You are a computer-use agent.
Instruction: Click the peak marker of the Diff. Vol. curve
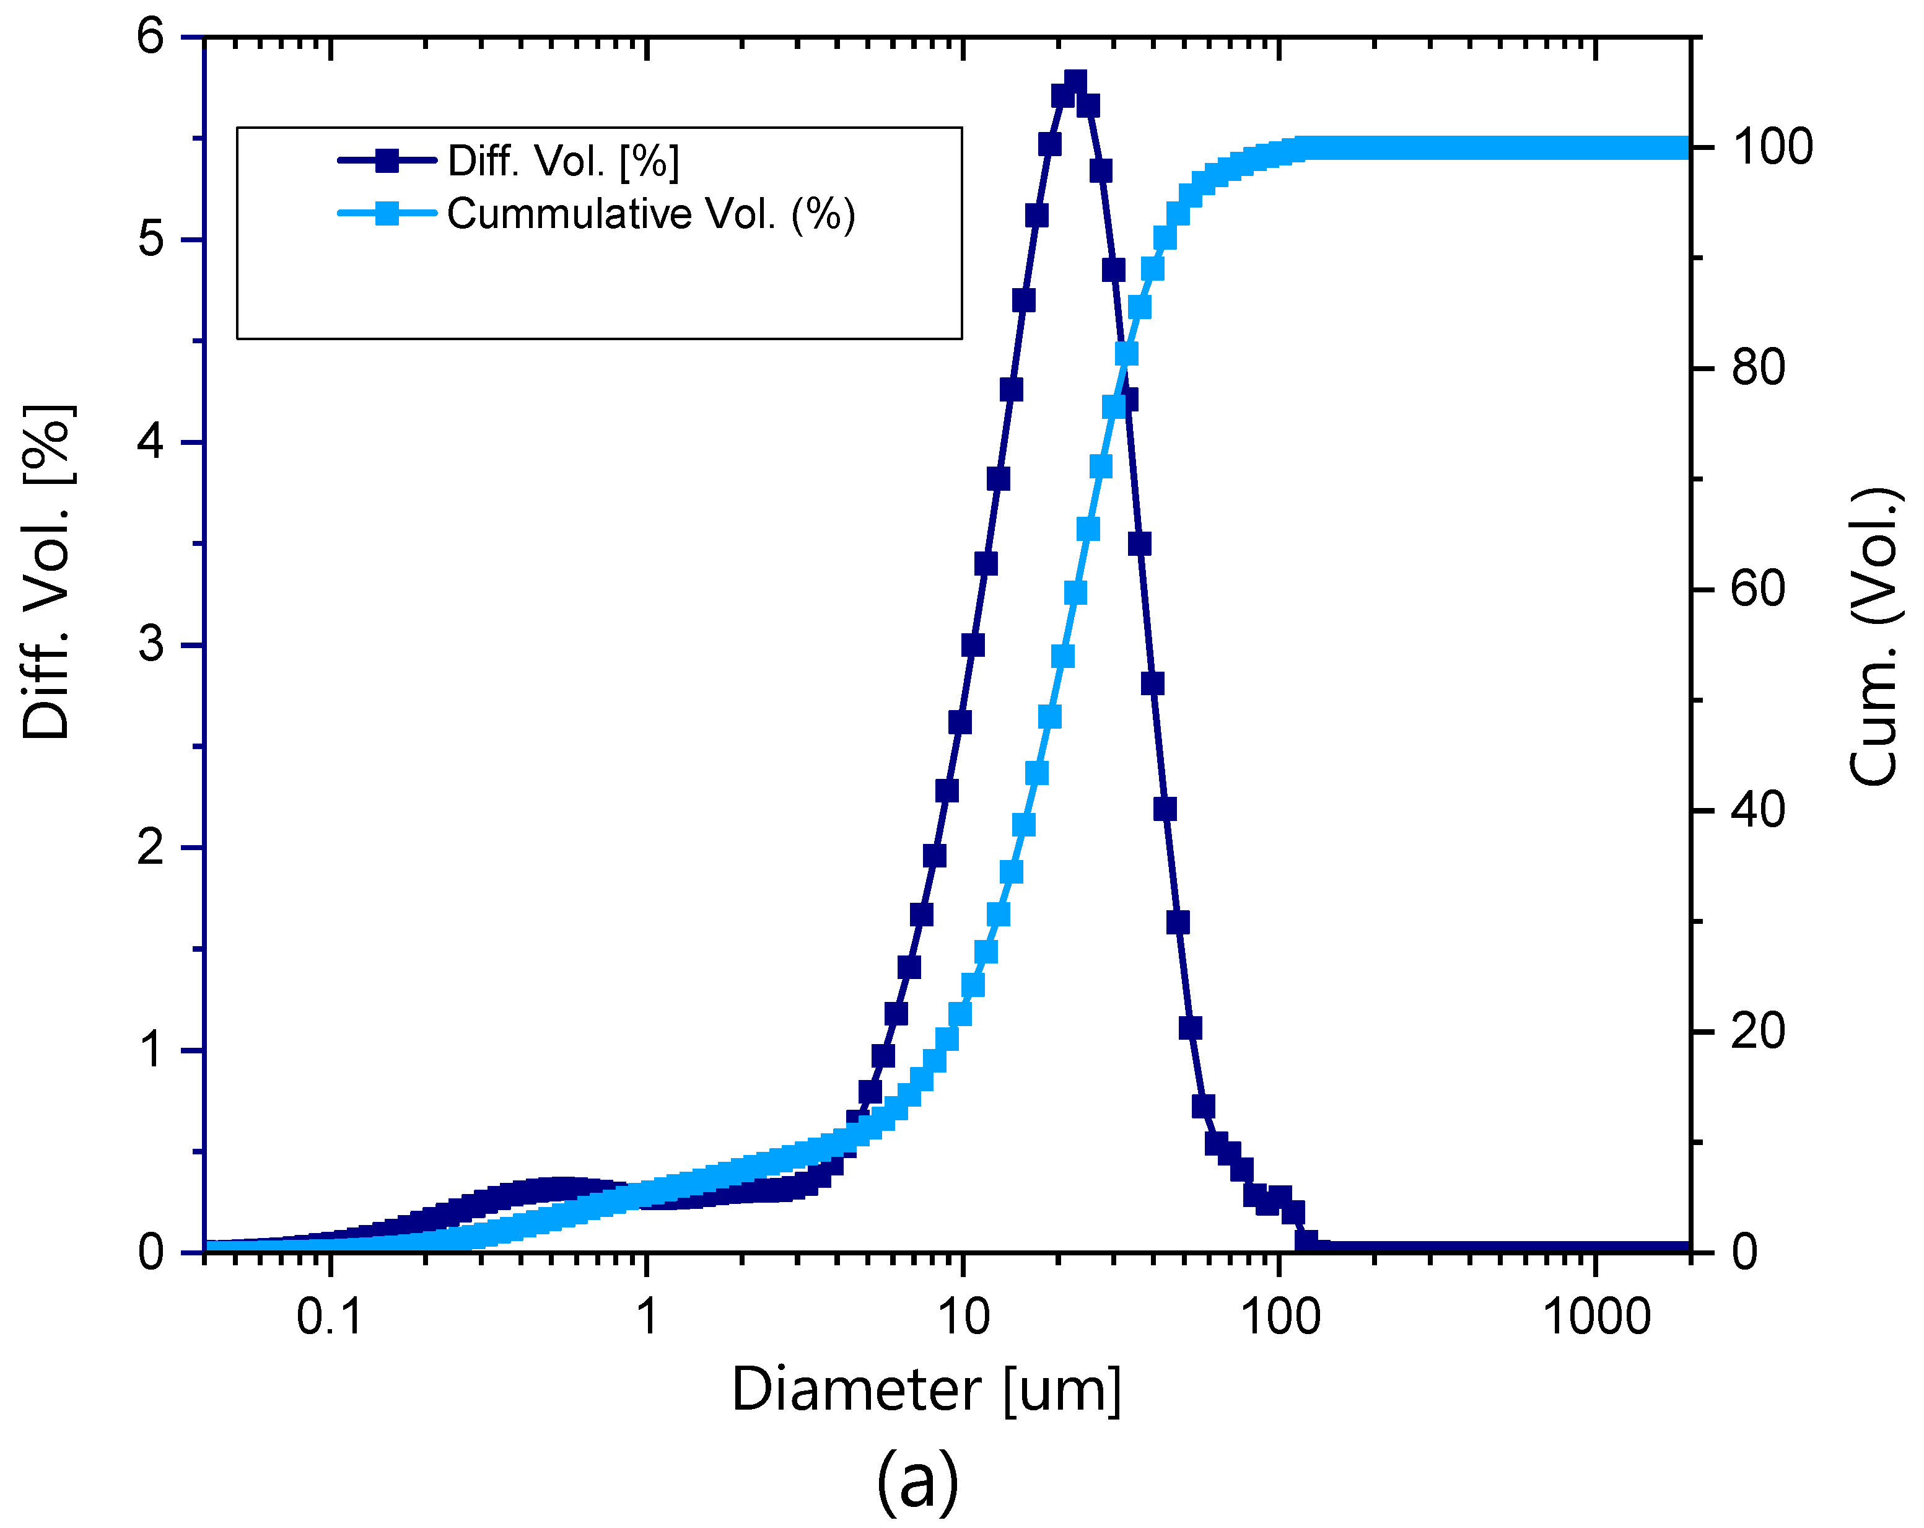click(1075, 83)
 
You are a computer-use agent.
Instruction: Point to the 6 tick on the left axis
click(151, 37)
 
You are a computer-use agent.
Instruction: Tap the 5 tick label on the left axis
click(151, 239)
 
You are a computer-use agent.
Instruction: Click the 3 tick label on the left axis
click(151, 644)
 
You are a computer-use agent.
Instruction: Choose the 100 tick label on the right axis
click(1772, 147)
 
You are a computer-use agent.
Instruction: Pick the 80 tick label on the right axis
click(1758, 367)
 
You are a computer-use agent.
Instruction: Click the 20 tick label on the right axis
click(1758, 1032)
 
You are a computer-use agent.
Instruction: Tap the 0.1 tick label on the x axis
click(330, 1317)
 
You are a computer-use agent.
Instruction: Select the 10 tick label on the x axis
click(964, 1317)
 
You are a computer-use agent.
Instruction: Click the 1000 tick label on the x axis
click(1596, 1317)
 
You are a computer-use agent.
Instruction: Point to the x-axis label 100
click(1280, 1317)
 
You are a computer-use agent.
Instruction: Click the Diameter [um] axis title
click(926, 1390)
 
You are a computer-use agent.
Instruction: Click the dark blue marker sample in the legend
click(387, 160)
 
